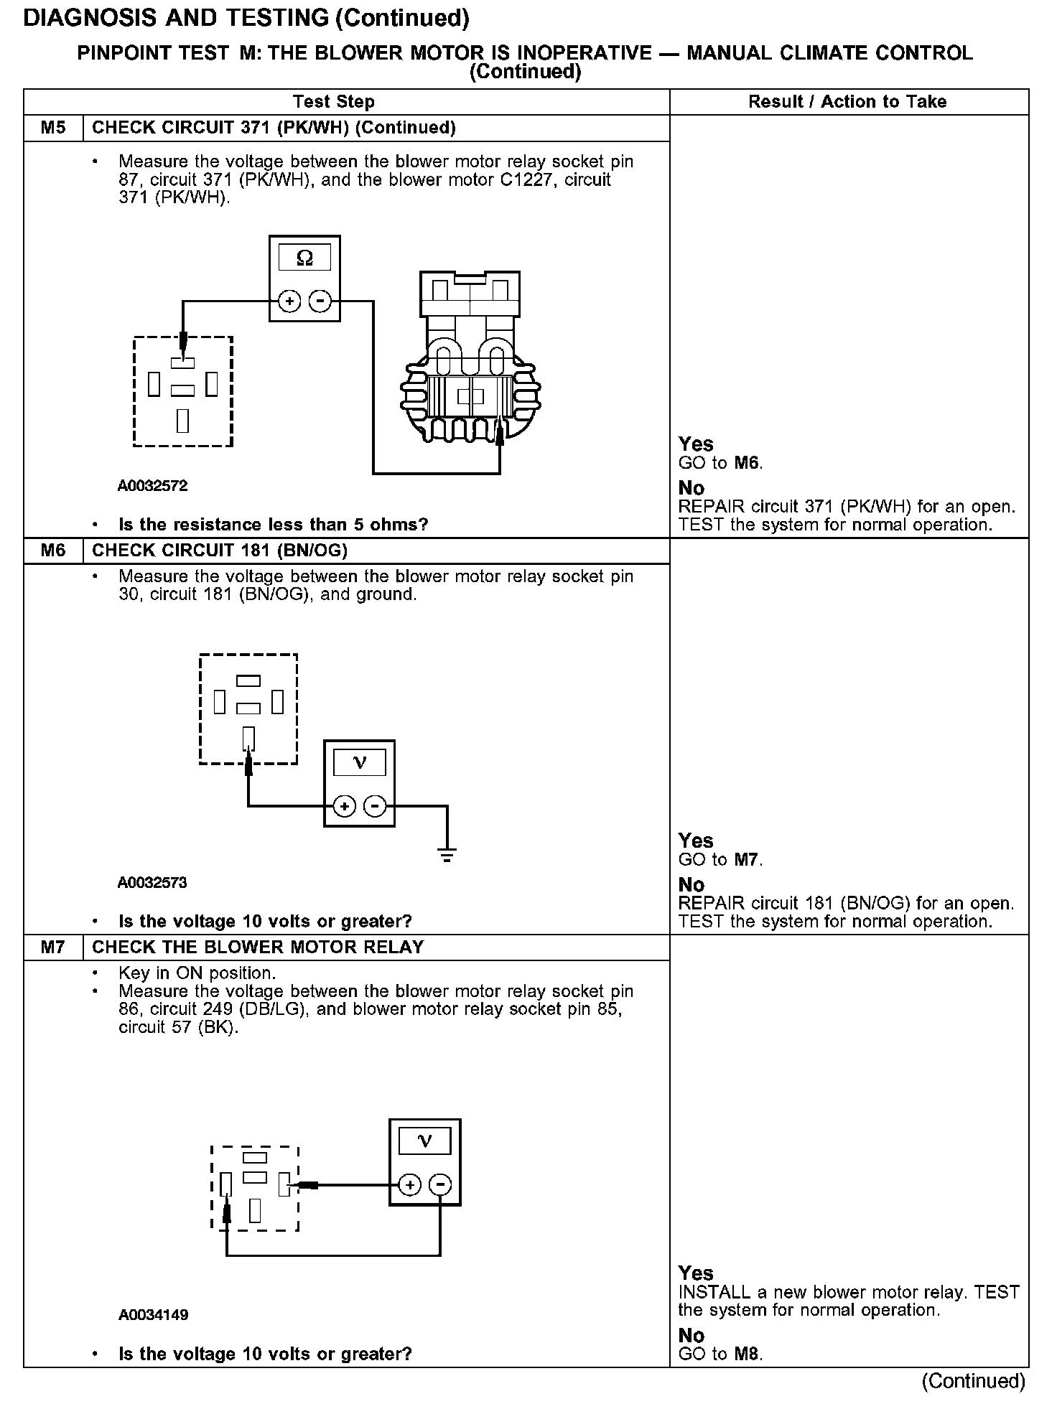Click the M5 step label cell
click(53, 128)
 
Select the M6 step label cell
click(53, 551)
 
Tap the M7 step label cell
click(53, 947)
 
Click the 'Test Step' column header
click(334, 102)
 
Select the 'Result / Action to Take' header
click(847, 102)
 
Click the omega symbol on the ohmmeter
click(304, 258)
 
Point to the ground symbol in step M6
click(447, 854)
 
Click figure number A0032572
click(153, 486)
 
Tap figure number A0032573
click(152, 883)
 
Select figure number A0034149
click(154, 1315)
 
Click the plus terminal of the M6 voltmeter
click(345, 807)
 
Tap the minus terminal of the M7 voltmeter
click(441, 1185)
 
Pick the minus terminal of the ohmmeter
click(320, 301)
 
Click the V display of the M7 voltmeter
click(424, 1141)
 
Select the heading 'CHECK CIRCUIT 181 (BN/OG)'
click(220, 551)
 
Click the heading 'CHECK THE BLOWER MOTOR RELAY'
click(259, 947)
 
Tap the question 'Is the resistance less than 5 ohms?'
click(273, 525)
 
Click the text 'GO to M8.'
click(720, 1354)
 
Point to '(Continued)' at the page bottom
click(974, 1381)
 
